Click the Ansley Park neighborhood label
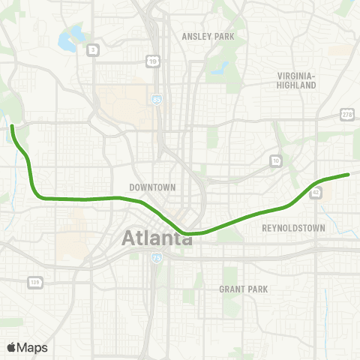(208, 36)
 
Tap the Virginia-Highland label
(298, 80)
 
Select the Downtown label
(152, 187)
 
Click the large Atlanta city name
(156, 238)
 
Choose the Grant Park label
(243, 289)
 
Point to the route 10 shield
(276, 160)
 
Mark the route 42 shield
(316, 193)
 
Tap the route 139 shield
(34, 282)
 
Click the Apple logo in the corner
(12, 347)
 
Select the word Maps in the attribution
(32, 347)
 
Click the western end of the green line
(12, 128)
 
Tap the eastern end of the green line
(349, 175)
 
